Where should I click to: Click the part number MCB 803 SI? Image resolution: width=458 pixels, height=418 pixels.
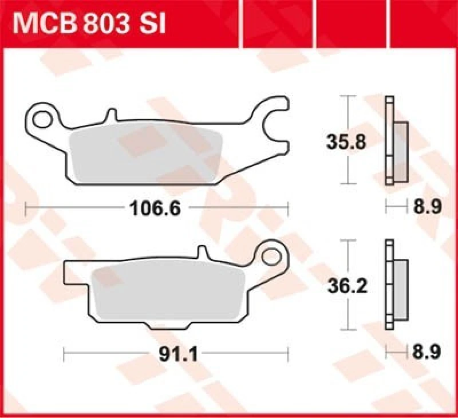(x=89, y=24)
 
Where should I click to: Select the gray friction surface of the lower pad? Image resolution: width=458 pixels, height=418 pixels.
(x=166, y=295)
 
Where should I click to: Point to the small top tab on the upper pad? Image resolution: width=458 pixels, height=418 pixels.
(x=109, y=116)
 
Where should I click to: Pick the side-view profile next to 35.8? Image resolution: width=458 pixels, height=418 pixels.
(x=395, y=140)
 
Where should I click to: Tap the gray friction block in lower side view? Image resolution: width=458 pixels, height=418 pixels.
(x=400, y=289)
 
